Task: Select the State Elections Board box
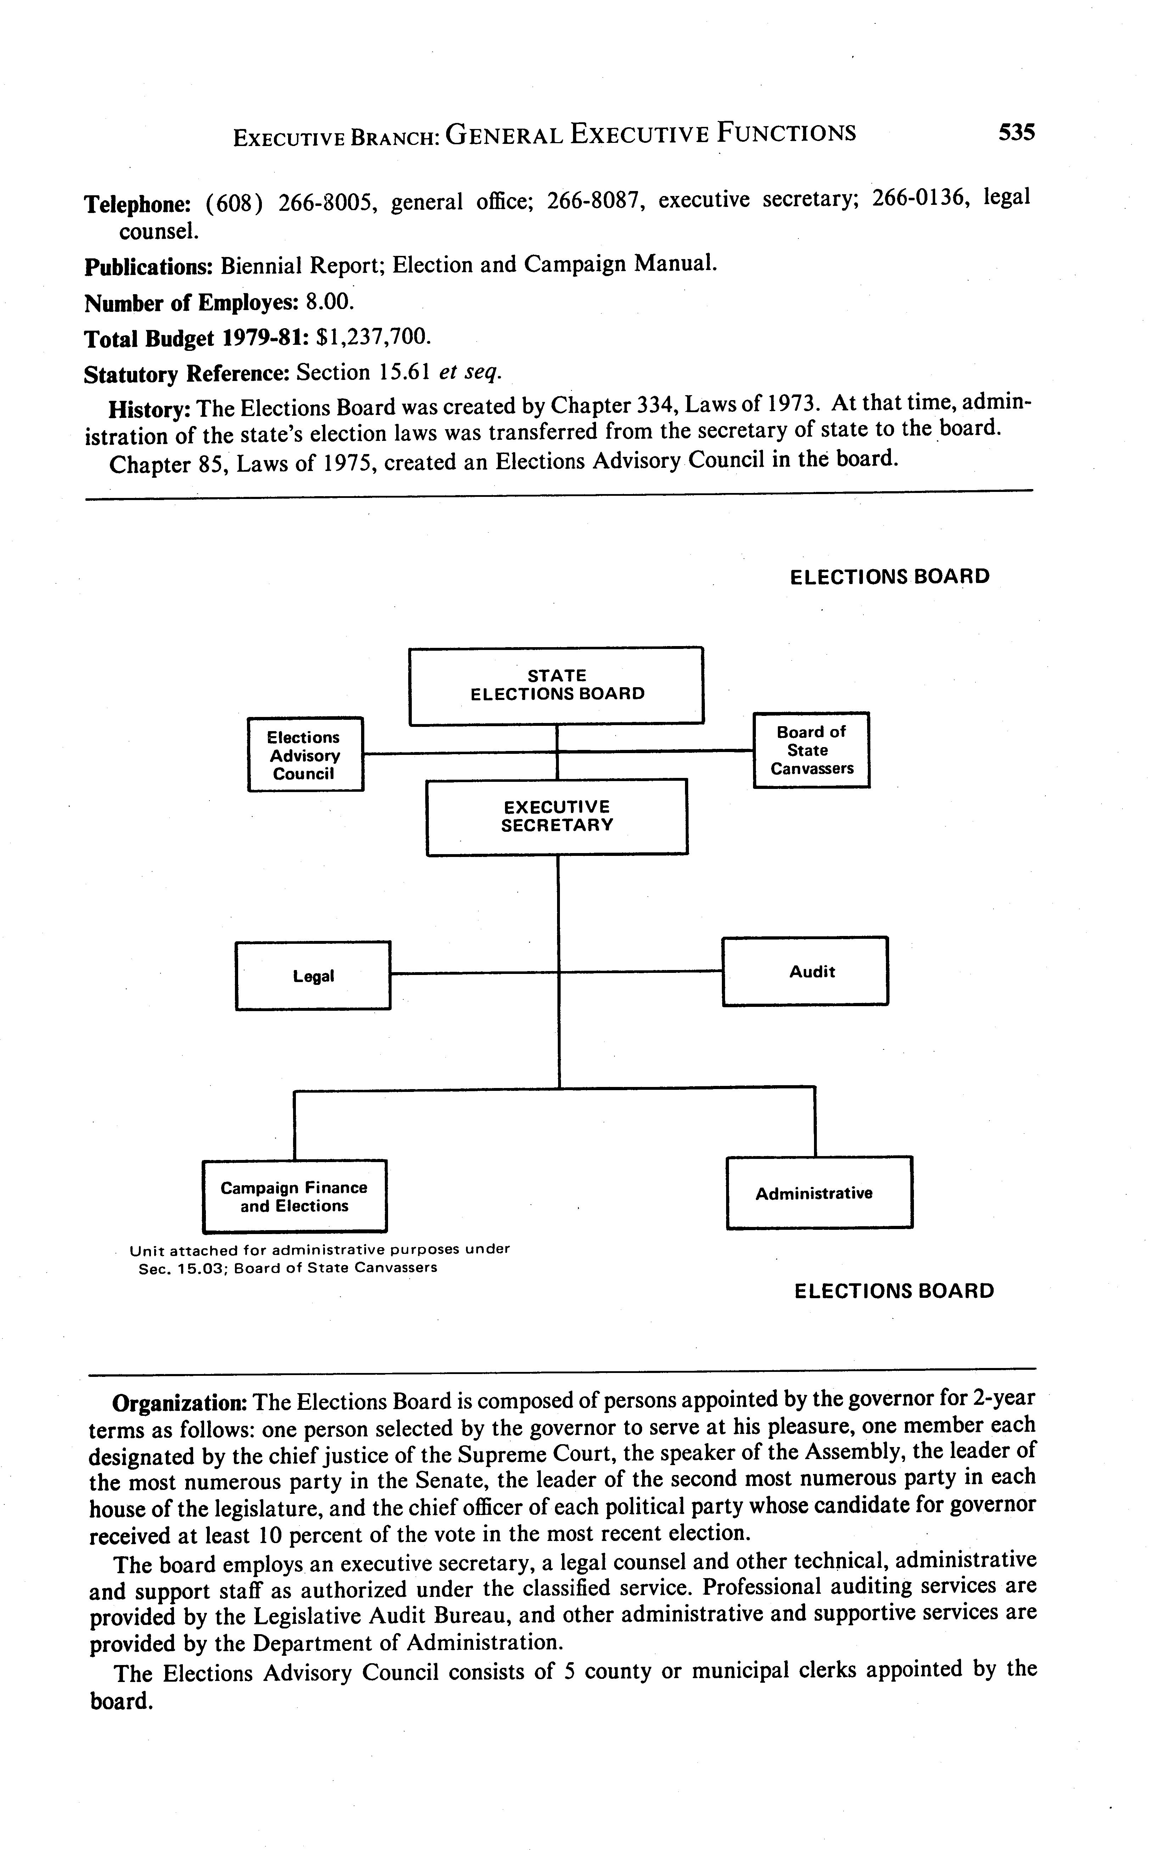[556, 685]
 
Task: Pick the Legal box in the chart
[313, 976]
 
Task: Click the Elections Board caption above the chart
[889, 576]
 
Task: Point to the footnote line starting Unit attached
[320, 1250]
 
